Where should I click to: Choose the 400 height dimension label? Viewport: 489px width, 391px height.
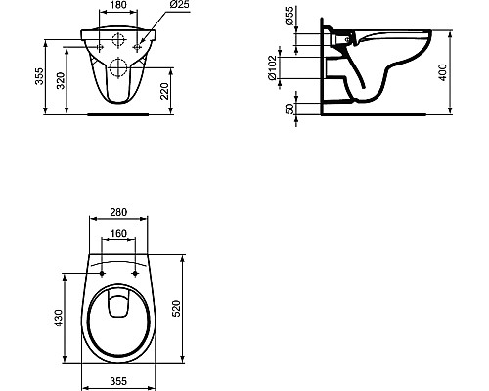click(x=455, y=66)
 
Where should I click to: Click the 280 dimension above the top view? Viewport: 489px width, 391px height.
click(x=119, y=213)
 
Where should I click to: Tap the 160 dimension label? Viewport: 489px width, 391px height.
click(x=119, y=235)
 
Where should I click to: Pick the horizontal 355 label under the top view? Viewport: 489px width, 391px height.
click(x=119, y=382)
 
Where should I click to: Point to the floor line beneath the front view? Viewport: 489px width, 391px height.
click(x=119, y=114)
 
